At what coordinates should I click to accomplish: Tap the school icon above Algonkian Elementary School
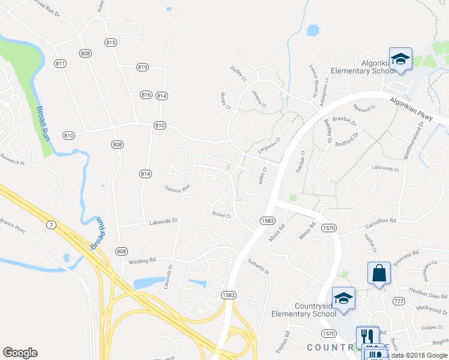click(400, 59)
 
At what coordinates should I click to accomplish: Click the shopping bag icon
click(379, 274)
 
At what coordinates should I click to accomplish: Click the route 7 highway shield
click(52, 223)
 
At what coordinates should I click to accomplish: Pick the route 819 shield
click(142, 67)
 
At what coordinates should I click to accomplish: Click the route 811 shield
click(59, 64)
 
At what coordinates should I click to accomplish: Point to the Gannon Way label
click(177, 188)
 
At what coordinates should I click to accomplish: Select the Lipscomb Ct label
click(385, 169)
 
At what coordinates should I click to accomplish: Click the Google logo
click(20, 353)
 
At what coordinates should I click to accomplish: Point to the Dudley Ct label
click(238, 73)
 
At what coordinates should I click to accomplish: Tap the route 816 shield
click(146, 95)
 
